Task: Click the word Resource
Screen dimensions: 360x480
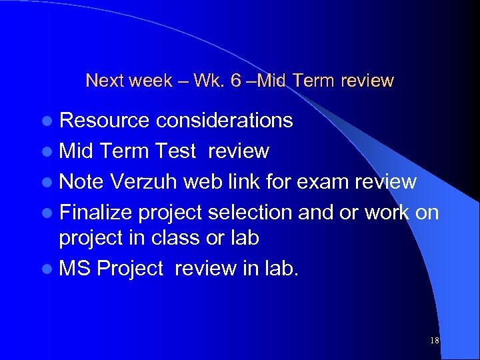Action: [x=105, y=120]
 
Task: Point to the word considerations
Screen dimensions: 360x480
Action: [x=224, y=120]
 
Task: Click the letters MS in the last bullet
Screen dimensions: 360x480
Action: [x=75, y=269]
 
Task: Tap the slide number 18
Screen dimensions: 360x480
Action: [x=435, y=341]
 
